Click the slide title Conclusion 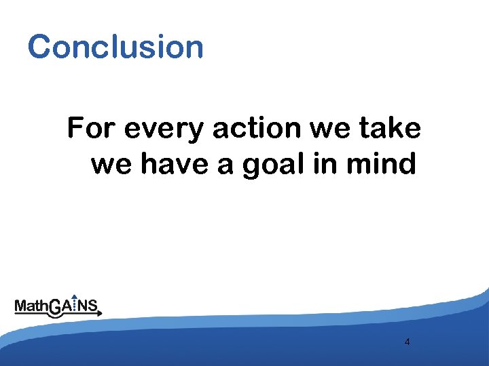click(115, 47)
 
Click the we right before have click(109, 164)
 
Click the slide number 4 click(407, 342)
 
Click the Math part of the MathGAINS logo click(31, 307)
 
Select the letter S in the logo click(94, 306)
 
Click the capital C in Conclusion click(39, 47)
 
